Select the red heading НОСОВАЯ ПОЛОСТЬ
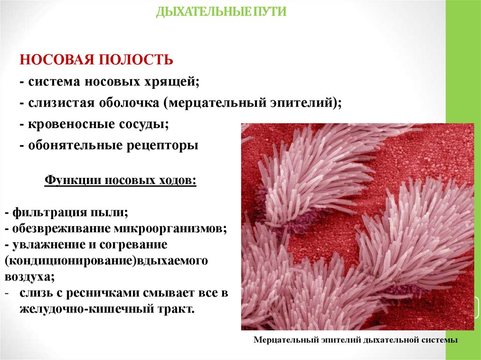[x=96, y=60]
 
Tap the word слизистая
[x=61, y=103]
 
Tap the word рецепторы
[x=163, y=146]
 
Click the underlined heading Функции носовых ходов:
[x=120, y=180]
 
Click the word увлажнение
[x=45, y=245]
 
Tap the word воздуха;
[x=30, y=277]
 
